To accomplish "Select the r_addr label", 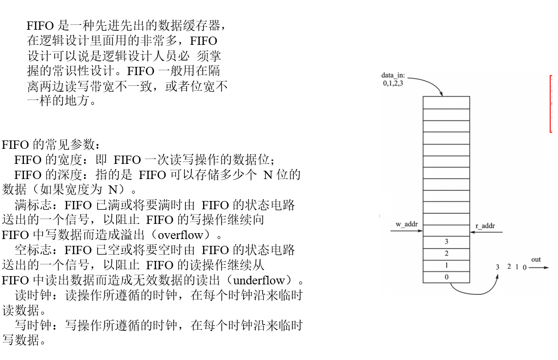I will [485, 226].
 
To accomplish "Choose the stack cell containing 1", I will [446, 265].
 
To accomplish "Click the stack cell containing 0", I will [446, 277].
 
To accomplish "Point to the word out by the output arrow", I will [536, 260].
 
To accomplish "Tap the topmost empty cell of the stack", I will [446, 102].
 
